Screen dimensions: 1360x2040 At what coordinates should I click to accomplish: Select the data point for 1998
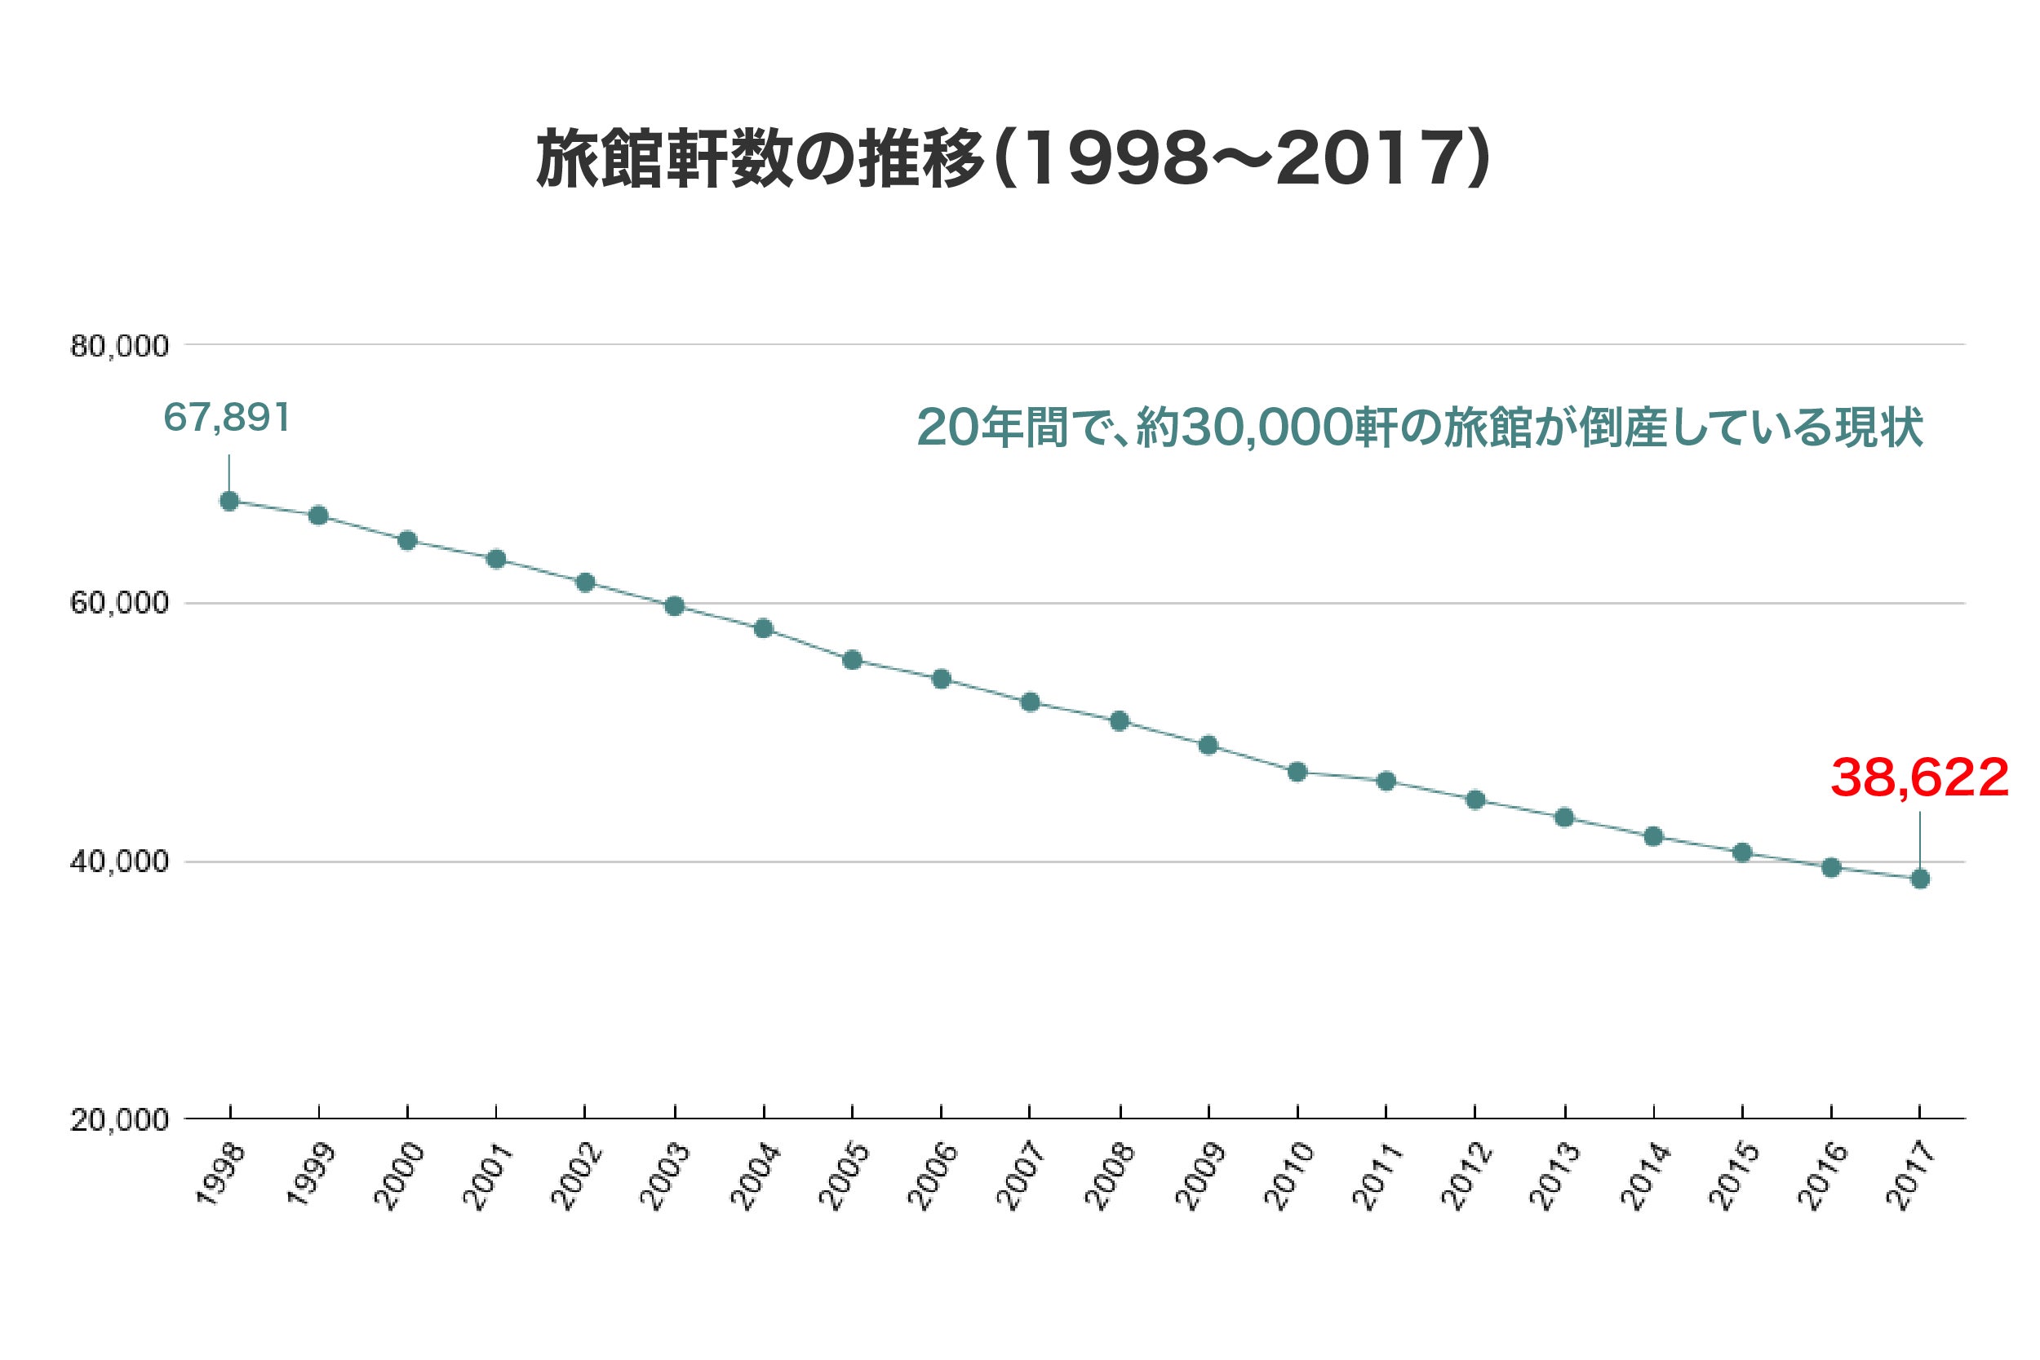(230, 501)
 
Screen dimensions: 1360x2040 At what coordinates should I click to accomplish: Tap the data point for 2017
(1920, 879)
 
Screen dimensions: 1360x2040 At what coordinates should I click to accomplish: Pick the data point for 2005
(853, 660)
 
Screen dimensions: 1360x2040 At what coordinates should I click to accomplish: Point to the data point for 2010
(1297, 772)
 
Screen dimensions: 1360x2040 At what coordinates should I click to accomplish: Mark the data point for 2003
(675, 605)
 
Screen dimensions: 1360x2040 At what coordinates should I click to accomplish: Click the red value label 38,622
(1919, 778)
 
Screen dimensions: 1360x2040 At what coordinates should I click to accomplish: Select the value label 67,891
(226, 417)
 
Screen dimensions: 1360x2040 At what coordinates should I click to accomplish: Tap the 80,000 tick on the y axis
(120, 346)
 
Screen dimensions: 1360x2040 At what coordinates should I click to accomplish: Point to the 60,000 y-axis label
(120, 603)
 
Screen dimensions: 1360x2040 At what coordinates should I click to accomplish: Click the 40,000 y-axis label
(120, 862)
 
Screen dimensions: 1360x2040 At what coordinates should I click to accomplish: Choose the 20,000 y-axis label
(120, 1120)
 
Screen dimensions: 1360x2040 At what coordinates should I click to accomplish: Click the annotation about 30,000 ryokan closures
(1419, 427)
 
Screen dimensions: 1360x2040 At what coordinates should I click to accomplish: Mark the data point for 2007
(1031, 702)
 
